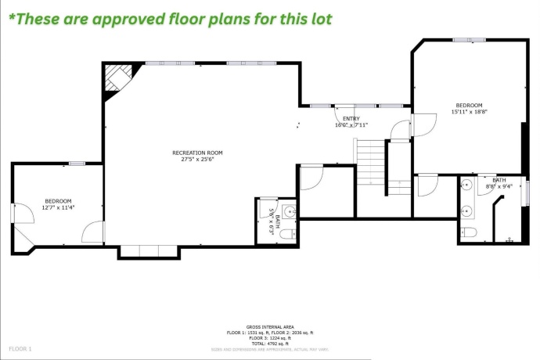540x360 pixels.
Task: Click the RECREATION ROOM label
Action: (198, 153)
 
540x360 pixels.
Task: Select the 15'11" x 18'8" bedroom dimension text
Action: (469, 112)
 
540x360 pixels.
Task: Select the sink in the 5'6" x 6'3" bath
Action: (287, 211)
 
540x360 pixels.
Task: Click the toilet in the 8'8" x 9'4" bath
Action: (469, 231)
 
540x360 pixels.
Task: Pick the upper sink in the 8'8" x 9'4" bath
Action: (466, 186)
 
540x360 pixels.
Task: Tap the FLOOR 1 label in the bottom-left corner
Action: (20, 347)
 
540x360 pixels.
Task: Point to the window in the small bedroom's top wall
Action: (76, 163)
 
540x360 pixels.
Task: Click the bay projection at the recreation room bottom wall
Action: (149, 252)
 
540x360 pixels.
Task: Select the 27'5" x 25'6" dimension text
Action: (198, 159)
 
